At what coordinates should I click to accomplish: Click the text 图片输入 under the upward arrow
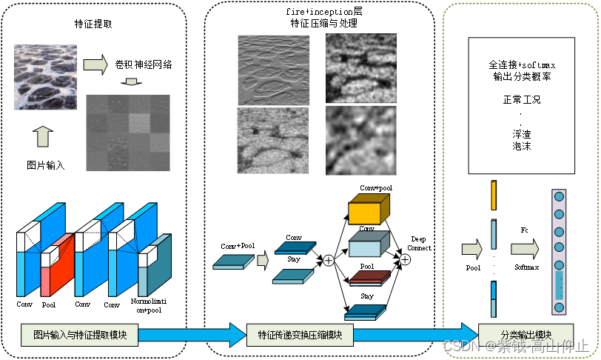coord(45,164)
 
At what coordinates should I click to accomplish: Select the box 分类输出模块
coord(516,333)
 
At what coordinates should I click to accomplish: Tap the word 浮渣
coord(521,134)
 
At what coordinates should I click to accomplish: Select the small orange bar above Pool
coord(494,194)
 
